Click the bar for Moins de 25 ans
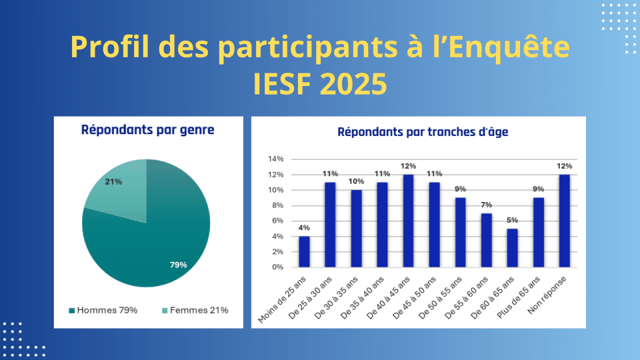[x=304, y=252]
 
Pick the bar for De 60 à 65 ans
[x=512, y=248]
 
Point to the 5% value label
[x=512, y=219]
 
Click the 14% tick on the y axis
[x=276, y=159]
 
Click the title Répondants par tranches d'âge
[x=423, y=132]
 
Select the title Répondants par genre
[x=147, y=130]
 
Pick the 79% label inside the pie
[x=178, y=265]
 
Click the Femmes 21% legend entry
[x=197, y=310]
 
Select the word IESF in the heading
[x=279, y=84]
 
